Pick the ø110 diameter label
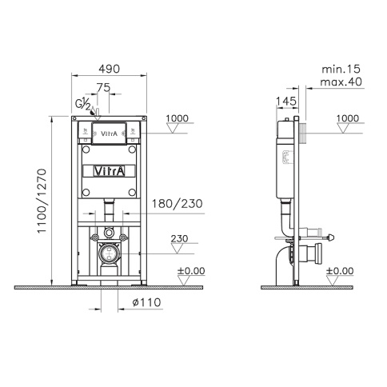tap(144, 302)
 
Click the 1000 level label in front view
tap(178, 118)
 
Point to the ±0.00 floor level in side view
tap(339, 271)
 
